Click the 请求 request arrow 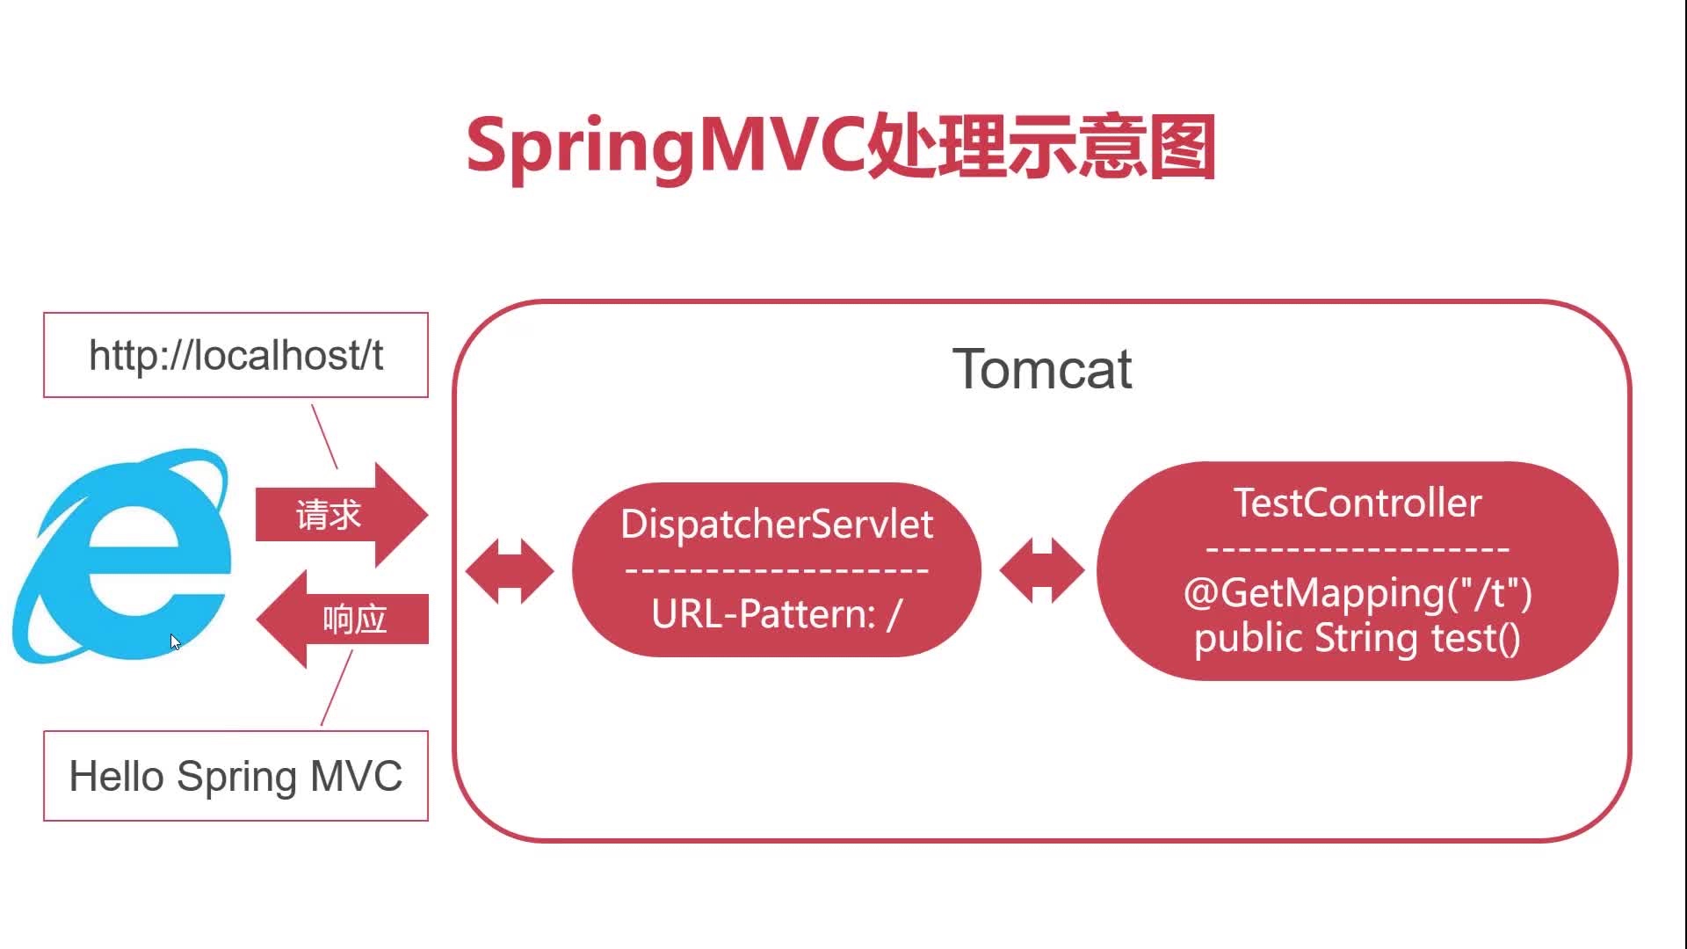[x=338, y=515]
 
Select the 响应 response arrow [x=343, y=619]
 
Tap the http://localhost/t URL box [x=235, y=355]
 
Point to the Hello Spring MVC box [x=235, y=776]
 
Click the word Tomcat [x=1042, y=369]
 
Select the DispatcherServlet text [x=777, y=525]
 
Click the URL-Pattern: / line [x=777, y=614]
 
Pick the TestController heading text [x=1358, y=503]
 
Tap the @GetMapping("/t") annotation [x=1358, y=593]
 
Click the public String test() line [x=1358, y=639]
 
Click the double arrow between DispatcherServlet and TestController [x=1042, y=571]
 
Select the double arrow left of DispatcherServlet [x=510, y=571]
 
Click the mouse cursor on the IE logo [x=175, y=642]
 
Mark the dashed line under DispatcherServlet [x=777, y=570]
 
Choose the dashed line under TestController [x=1358, y=549]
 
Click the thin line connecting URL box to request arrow [x=324, y=436]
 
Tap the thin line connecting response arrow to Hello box [x=337, y=687]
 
